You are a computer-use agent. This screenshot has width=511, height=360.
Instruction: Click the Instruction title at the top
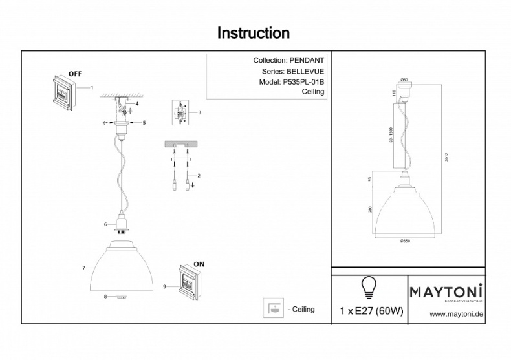(253, 33)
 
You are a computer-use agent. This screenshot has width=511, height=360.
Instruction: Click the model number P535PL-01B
(303, 82)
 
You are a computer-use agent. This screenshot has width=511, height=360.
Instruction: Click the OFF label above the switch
(75, 73)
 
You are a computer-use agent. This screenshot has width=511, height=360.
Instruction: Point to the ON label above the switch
(199, 265)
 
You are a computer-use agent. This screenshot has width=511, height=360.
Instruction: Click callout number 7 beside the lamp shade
(84, 267)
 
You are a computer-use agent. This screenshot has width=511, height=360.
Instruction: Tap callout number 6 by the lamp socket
(105, 224)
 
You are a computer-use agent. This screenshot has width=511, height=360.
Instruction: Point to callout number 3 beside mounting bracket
(200, 112)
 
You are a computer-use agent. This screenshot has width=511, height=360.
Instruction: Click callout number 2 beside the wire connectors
(199, 175)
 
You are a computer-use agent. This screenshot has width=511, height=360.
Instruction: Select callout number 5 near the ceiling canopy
(144, 122)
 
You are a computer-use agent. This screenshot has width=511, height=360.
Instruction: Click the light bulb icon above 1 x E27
(369, 285)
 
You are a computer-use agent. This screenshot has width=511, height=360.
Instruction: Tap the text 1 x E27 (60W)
(371, 311)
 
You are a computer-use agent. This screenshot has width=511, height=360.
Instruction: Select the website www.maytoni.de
(457, 314)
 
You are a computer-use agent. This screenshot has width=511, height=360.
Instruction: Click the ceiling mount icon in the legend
(273, 309)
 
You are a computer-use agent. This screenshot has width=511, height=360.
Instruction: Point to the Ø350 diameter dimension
(406, 241)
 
